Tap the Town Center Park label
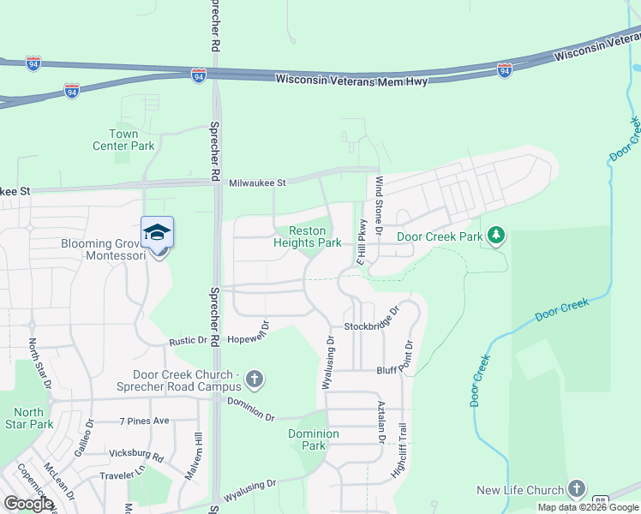click(123, 140)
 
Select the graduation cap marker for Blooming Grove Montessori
click(158, 233)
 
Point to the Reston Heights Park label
click(307, 236)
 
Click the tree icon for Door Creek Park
click(496, 234)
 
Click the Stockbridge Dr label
click(372, 323)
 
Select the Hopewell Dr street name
click(249, 338)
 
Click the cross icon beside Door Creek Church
click(254, 378)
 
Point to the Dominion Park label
click(314, 439)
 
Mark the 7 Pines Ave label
click(145, 421)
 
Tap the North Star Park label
click(27, 418)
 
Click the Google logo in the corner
click(28, 504)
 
